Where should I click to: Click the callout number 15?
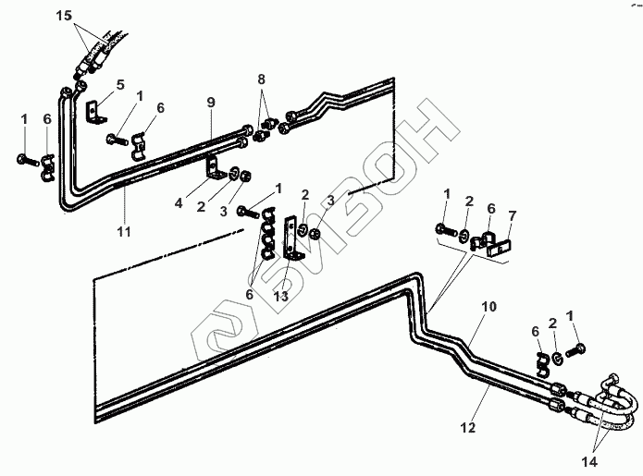[65, 16]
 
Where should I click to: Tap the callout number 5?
[120, 85]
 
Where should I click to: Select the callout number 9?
[211, 102]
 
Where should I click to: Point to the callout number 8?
[262, 79]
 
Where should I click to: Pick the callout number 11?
[124, 232]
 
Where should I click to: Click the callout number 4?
[179, 202]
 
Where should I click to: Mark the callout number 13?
[281, 296]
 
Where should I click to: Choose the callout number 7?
[513, 216]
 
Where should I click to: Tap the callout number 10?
[488, 307]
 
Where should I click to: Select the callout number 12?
[468, 428]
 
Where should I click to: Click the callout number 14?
[589, 462]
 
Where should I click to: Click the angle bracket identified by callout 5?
[96, 112]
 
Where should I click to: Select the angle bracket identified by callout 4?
[214, 168]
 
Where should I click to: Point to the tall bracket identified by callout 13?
[292, 238]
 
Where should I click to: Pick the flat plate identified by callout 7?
[499, 249]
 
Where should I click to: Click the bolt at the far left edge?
[28, 160]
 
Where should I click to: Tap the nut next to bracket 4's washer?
[245, 177]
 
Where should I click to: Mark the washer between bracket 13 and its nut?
[303, 230]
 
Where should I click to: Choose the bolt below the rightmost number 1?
[575, 350]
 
